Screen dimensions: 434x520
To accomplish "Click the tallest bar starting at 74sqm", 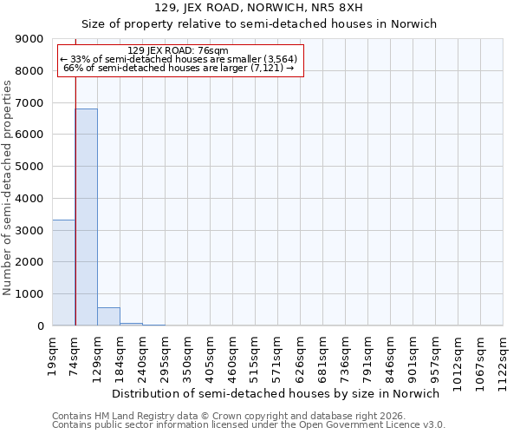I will (x=86, y=217).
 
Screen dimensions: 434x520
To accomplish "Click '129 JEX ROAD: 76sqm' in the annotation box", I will (x=178, y=51).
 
